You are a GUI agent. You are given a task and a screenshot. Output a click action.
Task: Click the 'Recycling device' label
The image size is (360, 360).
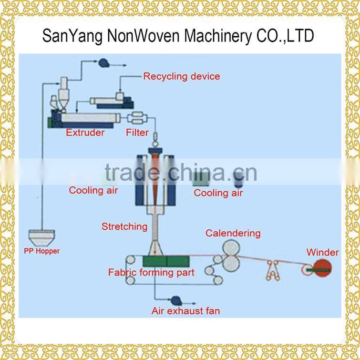(x=182, y=76)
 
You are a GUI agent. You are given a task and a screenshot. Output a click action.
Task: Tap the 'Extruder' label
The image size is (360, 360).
(x=85, y=133)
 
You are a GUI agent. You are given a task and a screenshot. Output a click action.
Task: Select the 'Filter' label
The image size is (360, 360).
(x=137, y=133)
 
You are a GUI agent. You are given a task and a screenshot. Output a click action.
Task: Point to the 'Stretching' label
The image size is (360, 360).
(x=124, y=226)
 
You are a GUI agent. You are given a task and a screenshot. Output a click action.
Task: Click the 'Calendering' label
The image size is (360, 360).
(x=233, y=233)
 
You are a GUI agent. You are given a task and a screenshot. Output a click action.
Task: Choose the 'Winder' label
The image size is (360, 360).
(x=322, y=252)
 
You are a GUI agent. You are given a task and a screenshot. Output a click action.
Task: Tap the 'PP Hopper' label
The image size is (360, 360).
(x=42, y=251)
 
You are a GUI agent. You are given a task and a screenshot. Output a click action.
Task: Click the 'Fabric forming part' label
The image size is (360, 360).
(x=151, y=273)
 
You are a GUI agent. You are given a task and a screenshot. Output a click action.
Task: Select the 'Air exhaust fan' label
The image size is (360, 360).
(x=185, y=311)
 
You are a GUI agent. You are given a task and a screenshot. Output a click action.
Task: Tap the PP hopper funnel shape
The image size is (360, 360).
(x=42, y=237)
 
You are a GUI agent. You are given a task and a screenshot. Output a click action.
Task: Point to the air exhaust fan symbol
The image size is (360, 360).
(x=175, y=300)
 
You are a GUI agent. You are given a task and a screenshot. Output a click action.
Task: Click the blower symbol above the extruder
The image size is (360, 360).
(x=103, y=62)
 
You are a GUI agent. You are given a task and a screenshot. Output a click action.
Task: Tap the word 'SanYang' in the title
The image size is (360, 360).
(x=68, y=36)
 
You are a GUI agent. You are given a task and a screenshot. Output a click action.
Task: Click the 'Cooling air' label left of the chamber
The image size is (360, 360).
(x=93, y=190)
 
